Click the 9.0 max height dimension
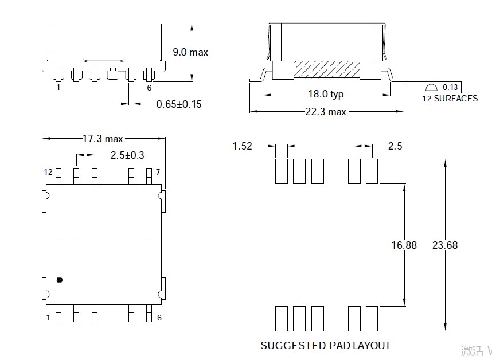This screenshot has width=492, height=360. click(x=190, y=52)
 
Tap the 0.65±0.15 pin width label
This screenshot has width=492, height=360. click(x=179, y=104)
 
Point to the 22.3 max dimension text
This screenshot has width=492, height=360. click(x=325, y=112)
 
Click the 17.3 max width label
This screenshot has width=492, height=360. click(x=103, y=139)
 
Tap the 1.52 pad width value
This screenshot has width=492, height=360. click(x=242, y=146)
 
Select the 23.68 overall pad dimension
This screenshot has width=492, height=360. click(x=445, y=245)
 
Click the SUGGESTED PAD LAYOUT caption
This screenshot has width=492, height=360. click(x=325, y=346)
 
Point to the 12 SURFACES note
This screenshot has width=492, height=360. click(x=449, y=98)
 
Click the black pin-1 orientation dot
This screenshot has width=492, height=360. click(x=59, y=280)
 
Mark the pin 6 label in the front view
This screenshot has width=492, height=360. click(x=149, y=88)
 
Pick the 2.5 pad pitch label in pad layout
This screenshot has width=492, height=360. click(x=395, y=146)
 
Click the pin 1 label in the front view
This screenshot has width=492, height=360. click(x=58, y=88)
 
